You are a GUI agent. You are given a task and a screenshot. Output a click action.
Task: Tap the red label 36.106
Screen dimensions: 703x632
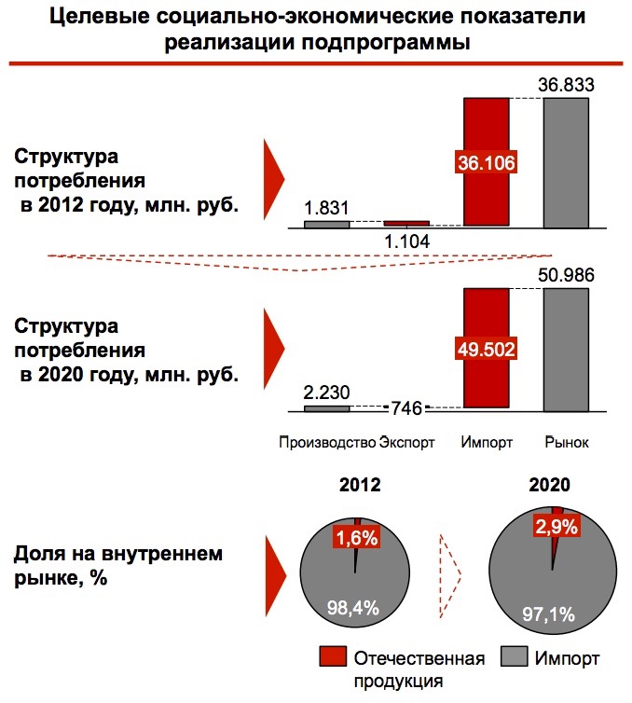[x=487, y=161]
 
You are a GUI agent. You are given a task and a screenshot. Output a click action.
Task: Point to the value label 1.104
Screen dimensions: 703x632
[x=406, y=241]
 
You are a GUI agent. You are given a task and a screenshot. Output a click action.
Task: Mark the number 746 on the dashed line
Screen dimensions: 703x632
[x=406, y=407]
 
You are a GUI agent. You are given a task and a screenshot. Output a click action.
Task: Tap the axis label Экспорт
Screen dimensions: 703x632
[x=407, y=442]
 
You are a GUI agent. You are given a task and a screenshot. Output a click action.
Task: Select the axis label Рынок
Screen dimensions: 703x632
[x=567, y=442]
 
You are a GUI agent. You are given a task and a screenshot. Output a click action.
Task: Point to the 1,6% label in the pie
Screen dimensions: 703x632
[x=354, y=537]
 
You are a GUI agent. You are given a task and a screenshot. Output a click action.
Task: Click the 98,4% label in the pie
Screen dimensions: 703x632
[x=352, y=608]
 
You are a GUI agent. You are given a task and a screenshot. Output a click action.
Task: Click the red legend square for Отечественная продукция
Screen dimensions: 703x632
[x=333, y=658]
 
